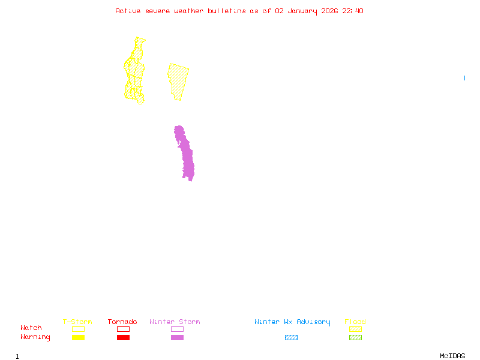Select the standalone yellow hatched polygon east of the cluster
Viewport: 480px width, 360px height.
(178, 80)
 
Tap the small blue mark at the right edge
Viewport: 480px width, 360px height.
(464, 78)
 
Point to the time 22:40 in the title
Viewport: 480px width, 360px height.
(353, 11)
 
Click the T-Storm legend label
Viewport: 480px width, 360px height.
(77, 322)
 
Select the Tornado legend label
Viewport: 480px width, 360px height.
(122, 322)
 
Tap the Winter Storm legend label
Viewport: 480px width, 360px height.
(175, 322)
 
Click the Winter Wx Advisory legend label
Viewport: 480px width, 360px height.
(292, 322)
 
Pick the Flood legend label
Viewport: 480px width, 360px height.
(355, 322)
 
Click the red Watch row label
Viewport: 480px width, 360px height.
(31, 328)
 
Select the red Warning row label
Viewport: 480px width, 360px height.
(35, 337)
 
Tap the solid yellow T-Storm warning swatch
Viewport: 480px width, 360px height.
(78, 337)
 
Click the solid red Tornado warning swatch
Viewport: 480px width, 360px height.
(123, 337)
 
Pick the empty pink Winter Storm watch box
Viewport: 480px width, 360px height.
(177, 329)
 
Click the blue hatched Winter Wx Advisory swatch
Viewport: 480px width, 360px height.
(291, 337)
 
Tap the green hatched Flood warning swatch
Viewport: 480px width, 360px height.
(355, 337)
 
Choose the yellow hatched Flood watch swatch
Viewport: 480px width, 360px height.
(355, 329)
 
